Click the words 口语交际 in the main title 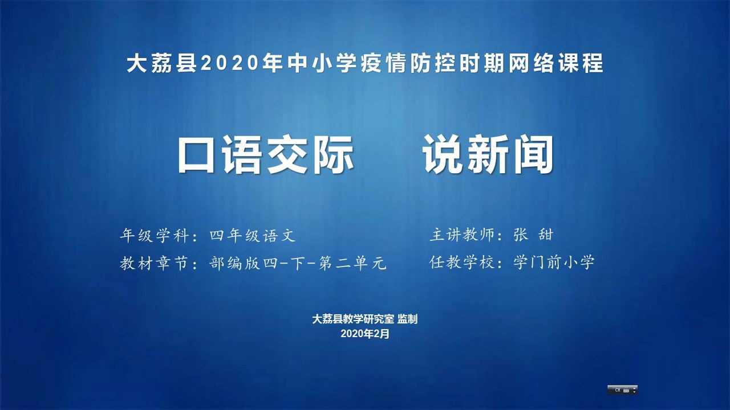(x=266, y=155)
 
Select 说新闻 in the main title (x=488, y=155)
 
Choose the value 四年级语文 (x=253, y=235)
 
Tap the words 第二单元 (x=352, y=263)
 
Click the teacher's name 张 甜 (x=533, y=235)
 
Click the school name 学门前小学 (x=554, y=263)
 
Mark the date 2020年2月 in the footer (x=365, y=334)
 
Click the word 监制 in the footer (x=407, y=319)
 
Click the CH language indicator (x=617, y=390)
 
